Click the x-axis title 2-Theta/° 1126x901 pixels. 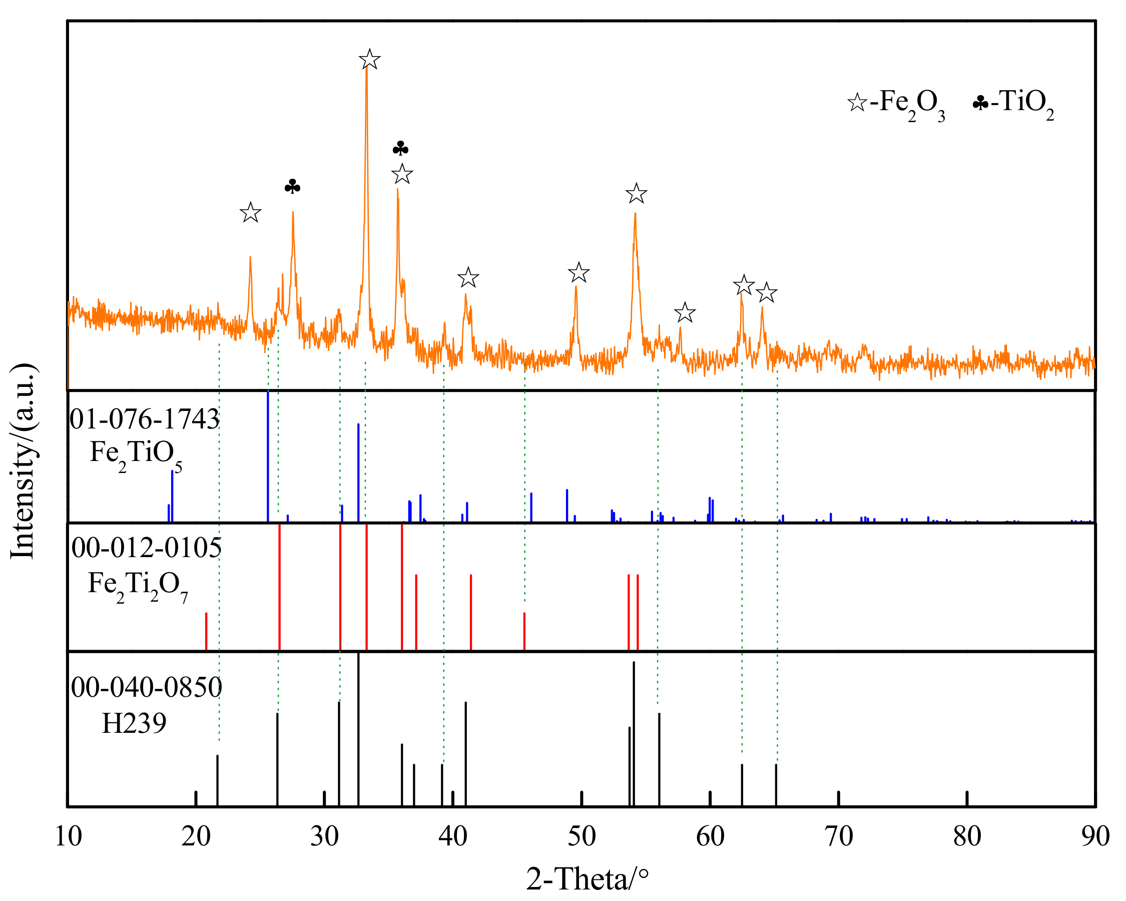coord(587,879)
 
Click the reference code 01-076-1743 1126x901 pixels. coord(145,419)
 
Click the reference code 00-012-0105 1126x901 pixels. coord(146,548)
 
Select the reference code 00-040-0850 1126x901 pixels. coord(146,687)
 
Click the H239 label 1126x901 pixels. coord(134,723)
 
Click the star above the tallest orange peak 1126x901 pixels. coord(370,60)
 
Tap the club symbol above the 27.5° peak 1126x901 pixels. coord(292,187)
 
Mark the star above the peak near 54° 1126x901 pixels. coord(636,194)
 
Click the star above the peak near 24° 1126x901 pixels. coord(250,213)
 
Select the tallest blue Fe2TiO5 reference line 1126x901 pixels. coord(268,456)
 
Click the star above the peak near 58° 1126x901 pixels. coord(685,313)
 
